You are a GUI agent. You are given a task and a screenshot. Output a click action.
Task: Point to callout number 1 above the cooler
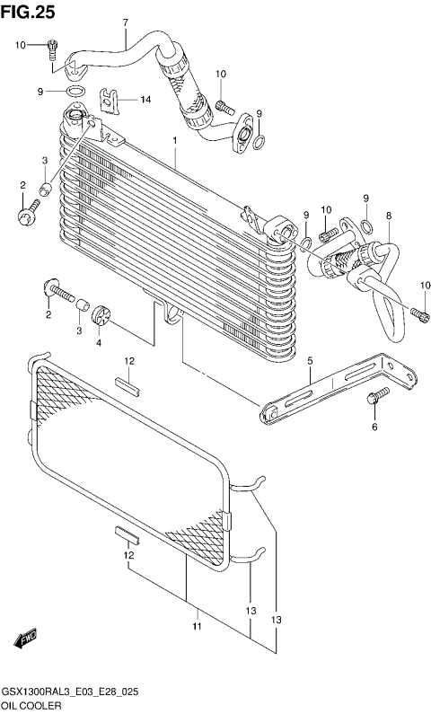point(175,142)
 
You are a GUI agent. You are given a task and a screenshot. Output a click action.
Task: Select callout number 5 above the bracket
point(310,361)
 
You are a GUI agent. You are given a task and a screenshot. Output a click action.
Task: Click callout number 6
point(374,427)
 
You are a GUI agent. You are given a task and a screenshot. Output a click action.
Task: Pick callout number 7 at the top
point(125,22)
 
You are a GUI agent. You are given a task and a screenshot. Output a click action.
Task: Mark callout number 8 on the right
point(388,216)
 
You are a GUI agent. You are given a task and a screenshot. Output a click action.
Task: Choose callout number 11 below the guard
point(197,625)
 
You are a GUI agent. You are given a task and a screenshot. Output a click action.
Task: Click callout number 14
point(146,99)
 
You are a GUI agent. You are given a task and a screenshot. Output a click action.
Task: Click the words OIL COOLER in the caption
point(31,707)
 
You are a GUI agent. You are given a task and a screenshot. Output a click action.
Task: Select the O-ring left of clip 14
point(77,92)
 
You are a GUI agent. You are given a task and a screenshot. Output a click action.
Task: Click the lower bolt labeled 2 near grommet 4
point(57,290)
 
